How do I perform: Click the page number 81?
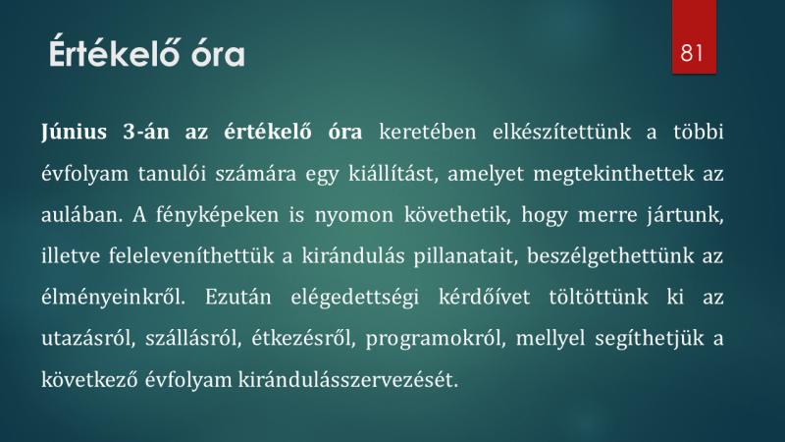tap(692, 53)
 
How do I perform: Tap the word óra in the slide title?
tap(218, 54)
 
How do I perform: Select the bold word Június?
tap(75, 133)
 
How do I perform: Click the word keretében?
tap(428, 133)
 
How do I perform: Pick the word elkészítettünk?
tap(561, 133)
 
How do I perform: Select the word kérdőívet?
tap(484, 298)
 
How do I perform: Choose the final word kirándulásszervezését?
tap(348, 380)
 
